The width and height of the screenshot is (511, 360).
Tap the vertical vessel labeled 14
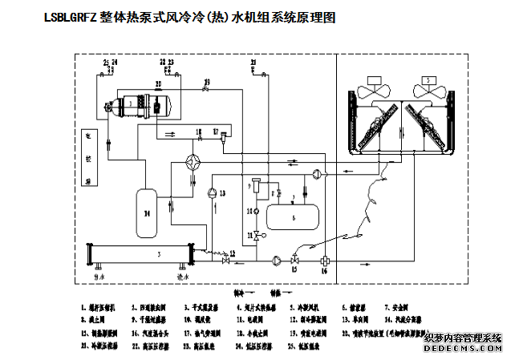click(146, 214)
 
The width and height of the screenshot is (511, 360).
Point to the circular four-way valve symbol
click(193, 160)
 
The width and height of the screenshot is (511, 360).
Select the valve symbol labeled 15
click(294, 260)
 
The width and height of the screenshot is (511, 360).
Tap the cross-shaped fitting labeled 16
click(324, 261)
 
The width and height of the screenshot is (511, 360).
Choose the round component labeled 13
click(212, 192)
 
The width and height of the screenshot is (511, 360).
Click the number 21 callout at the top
click(253, 62)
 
